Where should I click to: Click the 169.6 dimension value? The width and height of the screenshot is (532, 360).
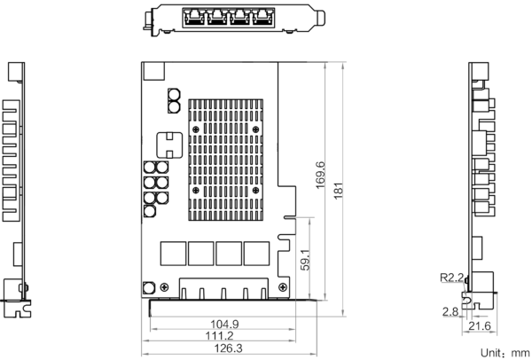coord(320,176)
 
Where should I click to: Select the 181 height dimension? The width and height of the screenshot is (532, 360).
coord(339,191)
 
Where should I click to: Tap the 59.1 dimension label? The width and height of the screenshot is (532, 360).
coord(305,260)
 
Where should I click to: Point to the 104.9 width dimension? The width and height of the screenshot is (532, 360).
coord(224,325)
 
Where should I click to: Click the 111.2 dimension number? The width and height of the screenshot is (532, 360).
coord(220,336)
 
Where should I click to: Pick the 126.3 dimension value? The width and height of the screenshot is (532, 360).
coord(229,348)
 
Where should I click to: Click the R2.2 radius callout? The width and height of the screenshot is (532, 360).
coord(451,278)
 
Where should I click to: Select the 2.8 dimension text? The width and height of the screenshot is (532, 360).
coord(450,311)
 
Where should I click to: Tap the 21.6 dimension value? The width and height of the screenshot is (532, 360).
coord(480,326)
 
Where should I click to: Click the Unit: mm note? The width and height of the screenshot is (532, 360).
coord(505,353)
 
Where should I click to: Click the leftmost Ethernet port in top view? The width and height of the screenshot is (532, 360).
coord(193,17)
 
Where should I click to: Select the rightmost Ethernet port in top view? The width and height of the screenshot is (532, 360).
coord(262,17)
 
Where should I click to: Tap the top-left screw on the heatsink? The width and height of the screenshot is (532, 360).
coord(196,129)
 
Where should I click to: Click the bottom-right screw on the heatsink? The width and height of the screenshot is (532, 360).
coord(255,191)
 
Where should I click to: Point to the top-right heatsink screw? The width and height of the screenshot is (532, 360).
coord(255,129)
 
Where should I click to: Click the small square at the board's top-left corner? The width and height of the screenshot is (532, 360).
coord(154,71)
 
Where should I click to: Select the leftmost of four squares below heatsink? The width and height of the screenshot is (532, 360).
coord(173,254)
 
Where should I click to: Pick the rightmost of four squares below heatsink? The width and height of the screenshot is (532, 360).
coord(256,254)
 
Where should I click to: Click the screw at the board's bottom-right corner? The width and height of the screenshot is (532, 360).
coord(282,287)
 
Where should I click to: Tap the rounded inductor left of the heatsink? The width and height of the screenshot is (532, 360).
coord(169,145)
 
